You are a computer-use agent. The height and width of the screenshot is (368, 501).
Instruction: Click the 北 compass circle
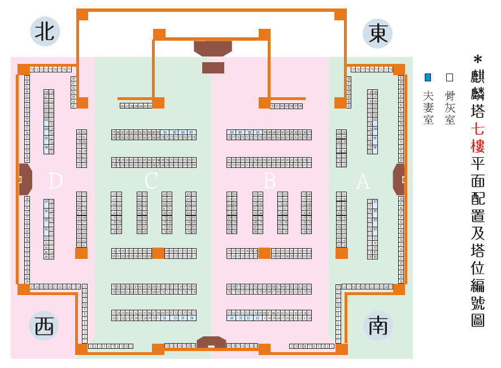tap(45, 32)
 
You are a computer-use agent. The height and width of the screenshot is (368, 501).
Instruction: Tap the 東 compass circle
tap(378, 34)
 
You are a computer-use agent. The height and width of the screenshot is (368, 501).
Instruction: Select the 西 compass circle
tap(43, 326)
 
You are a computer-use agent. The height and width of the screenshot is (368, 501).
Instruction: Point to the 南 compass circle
tap(378, 326)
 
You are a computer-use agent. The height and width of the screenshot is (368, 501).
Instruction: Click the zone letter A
tap(363, 181)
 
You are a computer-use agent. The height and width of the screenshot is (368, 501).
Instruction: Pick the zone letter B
tap(270, 181)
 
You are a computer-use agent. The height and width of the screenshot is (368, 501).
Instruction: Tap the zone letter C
tap(151, 181)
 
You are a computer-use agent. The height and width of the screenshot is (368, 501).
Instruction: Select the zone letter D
tap(55, 181)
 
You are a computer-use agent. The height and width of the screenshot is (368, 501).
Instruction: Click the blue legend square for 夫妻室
tap(428, 77)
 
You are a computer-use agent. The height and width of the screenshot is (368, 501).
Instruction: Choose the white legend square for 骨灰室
tap(450, 77)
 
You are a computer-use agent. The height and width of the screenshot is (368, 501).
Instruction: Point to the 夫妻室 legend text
tap(428, 107)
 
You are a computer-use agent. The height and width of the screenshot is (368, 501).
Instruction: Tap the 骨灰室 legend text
tap(450, 107)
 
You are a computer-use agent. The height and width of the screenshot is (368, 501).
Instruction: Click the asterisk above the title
tap(478, 59)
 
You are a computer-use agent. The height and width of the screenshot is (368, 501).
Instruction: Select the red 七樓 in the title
tap(478, 138)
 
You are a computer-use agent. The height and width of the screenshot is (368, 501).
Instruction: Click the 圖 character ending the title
tap(478, 320)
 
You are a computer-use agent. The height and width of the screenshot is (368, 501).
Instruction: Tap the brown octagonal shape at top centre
tap(213, 48)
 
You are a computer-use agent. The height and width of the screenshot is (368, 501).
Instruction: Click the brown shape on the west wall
tap(25, 179)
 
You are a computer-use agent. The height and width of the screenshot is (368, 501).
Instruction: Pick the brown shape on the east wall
tap(399, 179)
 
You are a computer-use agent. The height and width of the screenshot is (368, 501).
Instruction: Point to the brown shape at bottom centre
tap(211, 343)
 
